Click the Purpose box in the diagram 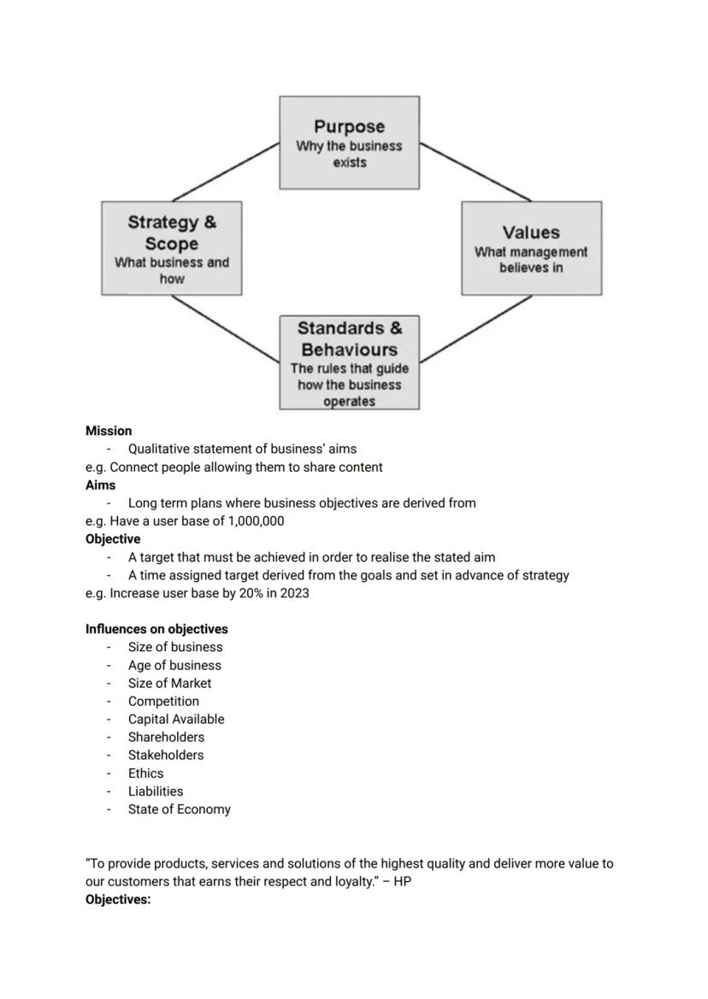[349, 143]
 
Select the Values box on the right [531, 249]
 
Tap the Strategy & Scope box [171, 249]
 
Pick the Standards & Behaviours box [349, 363]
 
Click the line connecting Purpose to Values [475, 172]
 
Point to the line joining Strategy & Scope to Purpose [227, 172]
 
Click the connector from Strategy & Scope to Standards [225, 327]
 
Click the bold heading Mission [109, 431]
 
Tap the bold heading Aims [100, 485]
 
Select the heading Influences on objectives [156, 629]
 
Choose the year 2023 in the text [293, 593]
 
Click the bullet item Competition [163, 701]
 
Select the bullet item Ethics [145, 773]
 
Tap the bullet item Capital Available [176, 719]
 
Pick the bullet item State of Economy [179, 809]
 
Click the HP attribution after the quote [402, 881]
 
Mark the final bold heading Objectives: [118, 899]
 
